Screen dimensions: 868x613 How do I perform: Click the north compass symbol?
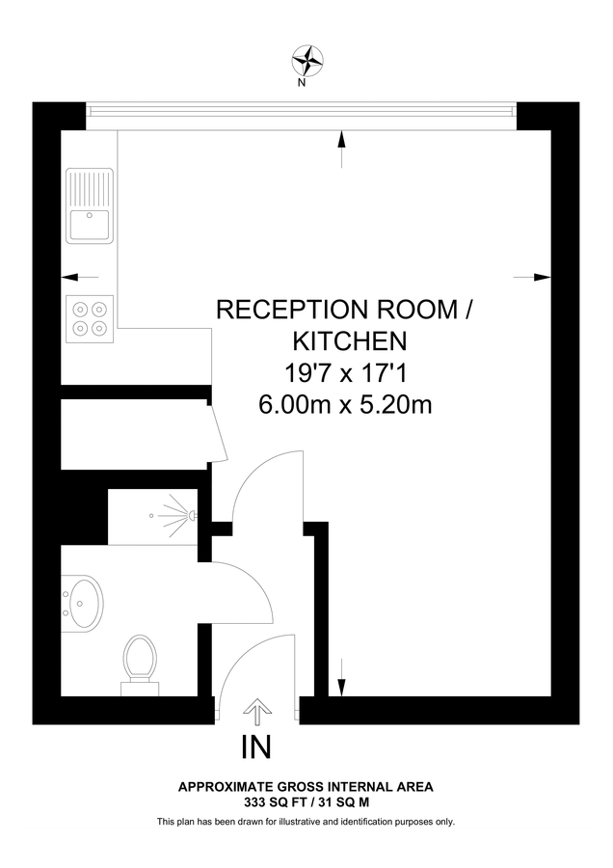pyautogui.click(x=306, y=61)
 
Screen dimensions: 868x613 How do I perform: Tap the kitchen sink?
pyautogui.click(x=90, y=206)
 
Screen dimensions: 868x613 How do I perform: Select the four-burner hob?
pyautogui.click(x=90, y=318)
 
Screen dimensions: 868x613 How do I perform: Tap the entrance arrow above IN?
pyautogui.click(x=256, y=713)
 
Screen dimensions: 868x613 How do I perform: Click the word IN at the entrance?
pyautogui.click(x=256, y=746)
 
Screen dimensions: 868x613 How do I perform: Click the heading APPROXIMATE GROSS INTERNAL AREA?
pyautogui.click(x=306, y=787)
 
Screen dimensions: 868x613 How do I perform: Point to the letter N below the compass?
pyautogui.click(x=302, y=83)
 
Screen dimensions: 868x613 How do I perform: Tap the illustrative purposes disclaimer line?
pyautogui.click(x=306, y=822)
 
